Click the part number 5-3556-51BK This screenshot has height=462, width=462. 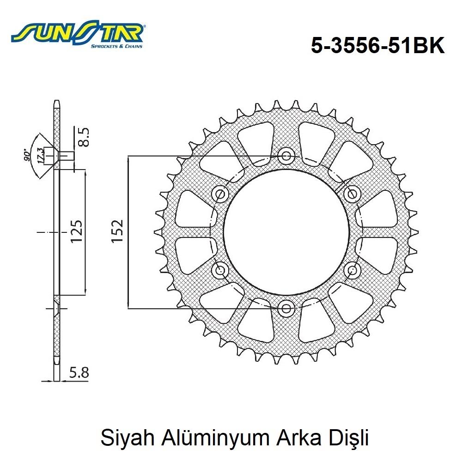click(378, 46)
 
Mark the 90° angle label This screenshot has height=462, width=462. click(28, 155)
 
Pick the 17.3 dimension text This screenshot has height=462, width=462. click(41, 154)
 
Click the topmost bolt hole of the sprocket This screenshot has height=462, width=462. click(286, 156)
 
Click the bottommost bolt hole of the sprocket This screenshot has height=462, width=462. click(286, 307)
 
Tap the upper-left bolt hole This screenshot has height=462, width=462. click(220, 194)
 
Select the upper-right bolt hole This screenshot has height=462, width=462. click(353, 194)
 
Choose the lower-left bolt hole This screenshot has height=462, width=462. click(220, 269)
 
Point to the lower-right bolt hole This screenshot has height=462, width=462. click(353, 269)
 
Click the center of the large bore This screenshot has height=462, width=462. click(286, 231)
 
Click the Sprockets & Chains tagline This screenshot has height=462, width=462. click(116, 46)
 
